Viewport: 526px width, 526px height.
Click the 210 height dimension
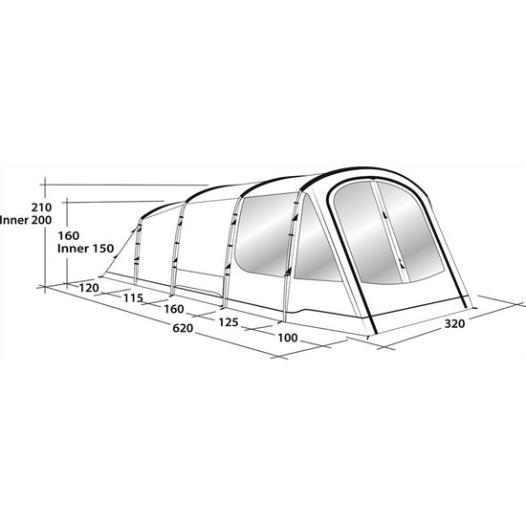[x=41, y=208]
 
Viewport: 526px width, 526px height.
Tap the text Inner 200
[x=26, y=220]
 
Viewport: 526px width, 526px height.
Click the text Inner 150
[x=85, y=249]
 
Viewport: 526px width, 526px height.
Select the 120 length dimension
[x=89, y=288]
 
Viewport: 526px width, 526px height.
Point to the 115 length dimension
[x=133, y=297]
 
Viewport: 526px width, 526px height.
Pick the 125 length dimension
[x=229, y=322]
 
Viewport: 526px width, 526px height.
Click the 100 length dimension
[x=288, y=338]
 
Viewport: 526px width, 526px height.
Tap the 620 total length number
[x=183, y=328]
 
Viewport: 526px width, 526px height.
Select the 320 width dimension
[x=454, y=323]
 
